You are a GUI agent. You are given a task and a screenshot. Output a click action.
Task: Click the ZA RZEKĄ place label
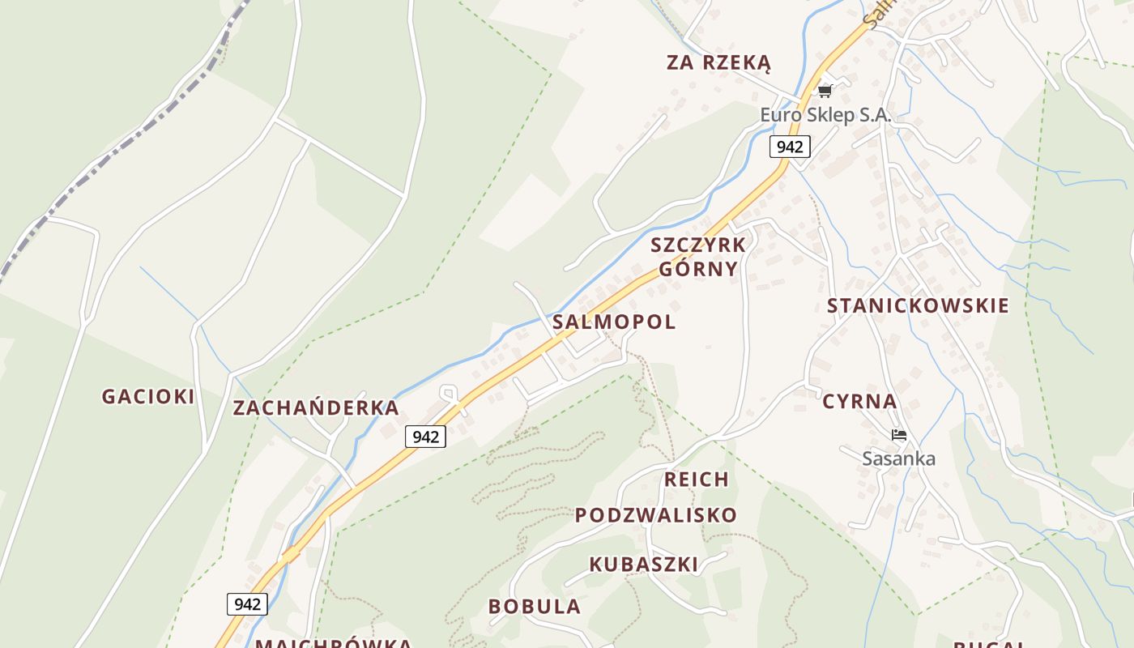pyautogui.click(x=718, y=63)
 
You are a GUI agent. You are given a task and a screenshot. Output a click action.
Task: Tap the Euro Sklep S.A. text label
pyautogui.click(x=825, y=115)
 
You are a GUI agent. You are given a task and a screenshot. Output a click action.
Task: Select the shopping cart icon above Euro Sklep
pyautogui.click(x=825, y=91)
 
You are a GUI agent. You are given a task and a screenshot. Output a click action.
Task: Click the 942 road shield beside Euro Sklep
pyautogui.click(x=789, y=146)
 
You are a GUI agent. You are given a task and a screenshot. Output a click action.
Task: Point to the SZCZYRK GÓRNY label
pyautogui.click(x=698, y=257)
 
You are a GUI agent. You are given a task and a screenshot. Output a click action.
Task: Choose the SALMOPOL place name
pyautogui.click(x=614, y=322)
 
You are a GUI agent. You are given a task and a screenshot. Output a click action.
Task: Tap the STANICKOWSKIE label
pyautogui.click(x=918, y=305)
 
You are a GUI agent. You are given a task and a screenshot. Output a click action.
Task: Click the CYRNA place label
pyautogui.click(x=859, y=402)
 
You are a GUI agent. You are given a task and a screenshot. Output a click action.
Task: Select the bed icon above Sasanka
pyautogui.click(x=898, y=435)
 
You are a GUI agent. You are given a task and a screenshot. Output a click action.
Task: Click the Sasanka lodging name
pyautogui.click(x=898, y=458)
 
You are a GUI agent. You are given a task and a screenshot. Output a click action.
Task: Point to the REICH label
pyautogui.click(x=697, y=480)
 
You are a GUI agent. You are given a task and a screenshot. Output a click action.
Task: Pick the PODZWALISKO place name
pyautogui.click(x=656, y=515)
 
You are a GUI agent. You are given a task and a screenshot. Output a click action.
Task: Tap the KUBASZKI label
pyautogui.click(x=643, y=565)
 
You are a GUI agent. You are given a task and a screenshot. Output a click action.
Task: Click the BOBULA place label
pyautogui.click(x=535, y=606)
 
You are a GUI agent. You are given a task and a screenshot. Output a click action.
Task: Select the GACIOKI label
pyautogui.click(x=148, y=396)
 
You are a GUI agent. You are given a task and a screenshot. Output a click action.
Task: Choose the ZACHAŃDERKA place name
pyautogui.click(x=316, y=407)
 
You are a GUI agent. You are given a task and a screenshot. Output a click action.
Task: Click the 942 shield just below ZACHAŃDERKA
pyautogui.click(x=425, y=437)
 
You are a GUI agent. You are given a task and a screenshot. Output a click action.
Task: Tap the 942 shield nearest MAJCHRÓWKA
pyautogui.click(x=247, y=603)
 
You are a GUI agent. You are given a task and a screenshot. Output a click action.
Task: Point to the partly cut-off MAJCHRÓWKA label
pyautogui.click(x=334, y=642)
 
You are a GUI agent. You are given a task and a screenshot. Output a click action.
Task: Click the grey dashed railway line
pyautogui.click(x=122, y=146)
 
